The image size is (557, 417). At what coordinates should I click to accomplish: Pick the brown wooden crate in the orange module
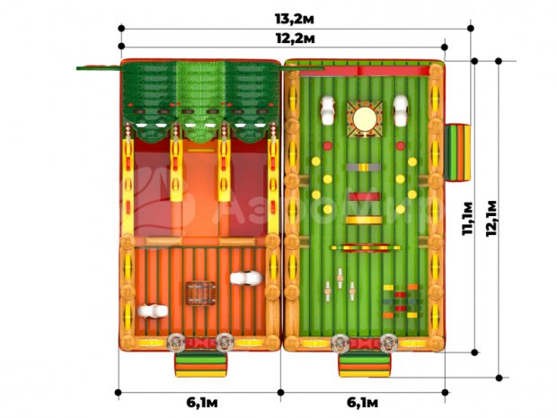click(201, 292)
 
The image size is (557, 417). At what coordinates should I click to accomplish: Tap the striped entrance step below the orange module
click(200, 364)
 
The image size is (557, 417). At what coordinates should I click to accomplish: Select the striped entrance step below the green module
click(364, 364)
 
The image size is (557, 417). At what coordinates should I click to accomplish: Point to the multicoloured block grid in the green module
click(402, 300)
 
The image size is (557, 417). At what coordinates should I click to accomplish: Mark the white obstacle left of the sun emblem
click(328, 112)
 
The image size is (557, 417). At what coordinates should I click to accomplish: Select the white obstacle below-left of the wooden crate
click(153, 312)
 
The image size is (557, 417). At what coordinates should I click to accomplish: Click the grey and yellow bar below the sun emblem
click(364, 167)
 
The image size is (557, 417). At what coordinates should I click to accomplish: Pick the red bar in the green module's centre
click(364, 196)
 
